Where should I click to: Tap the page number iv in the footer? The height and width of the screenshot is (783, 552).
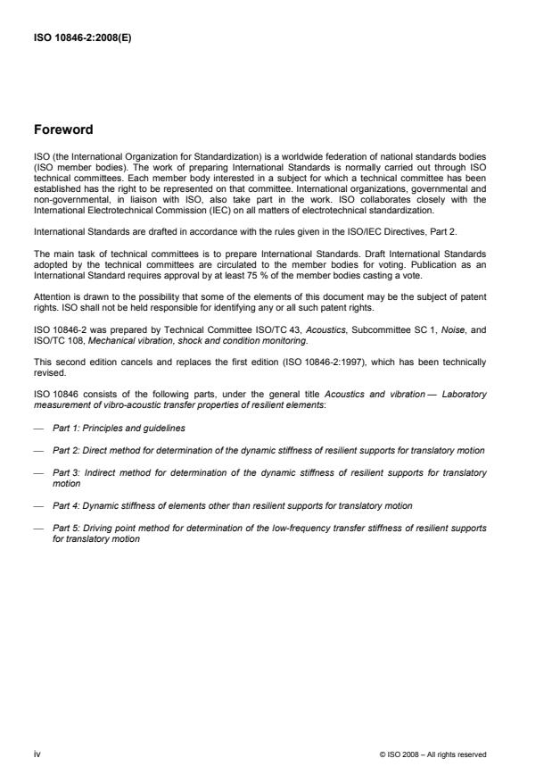pyautogui.click(x=37, y=754)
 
